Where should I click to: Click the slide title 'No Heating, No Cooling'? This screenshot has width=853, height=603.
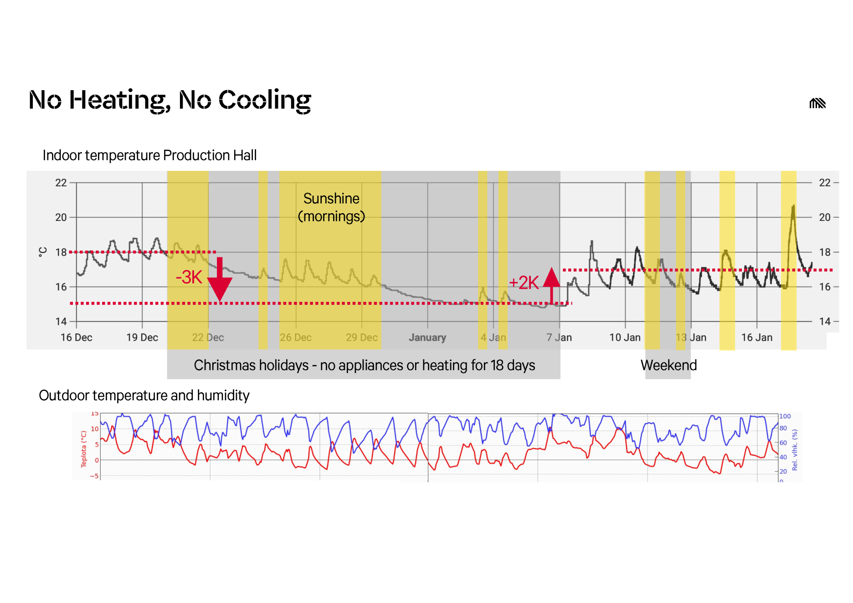170,100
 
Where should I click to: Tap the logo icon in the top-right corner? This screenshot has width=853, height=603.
817,103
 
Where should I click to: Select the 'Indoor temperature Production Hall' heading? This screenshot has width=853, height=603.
149,155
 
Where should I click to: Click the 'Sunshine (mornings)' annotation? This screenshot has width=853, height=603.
331,207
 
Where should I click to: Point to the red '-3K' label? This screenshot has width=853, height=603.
189,277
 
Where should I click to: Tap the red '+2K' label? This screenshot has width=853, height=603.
524,283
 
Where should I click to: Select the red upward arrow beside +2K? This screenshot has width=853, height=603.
551,285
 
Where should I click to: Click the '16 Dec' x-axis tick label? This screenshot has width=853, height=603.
77,337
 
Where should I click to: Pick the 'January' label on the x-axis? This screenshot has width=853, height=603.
427,337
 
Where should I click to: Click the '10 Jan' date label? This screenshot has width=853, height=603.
625,337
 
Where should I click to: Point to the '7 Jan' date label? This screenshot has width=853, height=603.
559,337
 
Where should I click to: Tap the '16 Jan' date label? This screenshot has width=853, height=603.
756,337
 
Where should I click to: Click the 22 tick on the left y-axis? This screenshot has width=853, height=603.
61,183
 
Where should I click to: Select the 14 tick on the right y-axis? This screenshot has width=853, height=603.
825,322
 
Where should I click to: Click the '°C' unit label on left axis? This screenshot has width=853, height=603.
43,252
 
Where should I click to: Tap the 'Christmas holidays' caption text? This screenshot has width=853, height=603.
364,365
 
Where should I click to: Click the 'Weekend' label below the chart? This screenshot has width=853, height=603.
668,365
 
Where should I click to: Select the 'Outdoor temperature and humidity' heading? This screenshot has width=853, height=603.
144,395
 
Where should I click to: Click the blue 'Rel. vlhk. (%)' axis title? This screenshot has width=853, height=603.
795,450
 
